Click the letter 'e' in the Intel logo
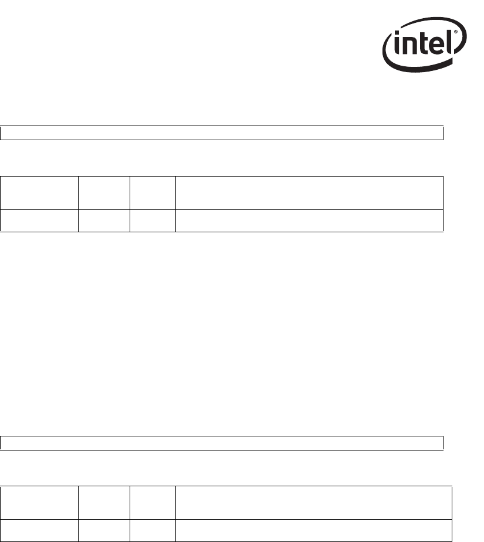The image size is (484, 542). click(x=435, y=46)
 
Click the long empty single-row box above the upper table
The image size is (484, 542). click(x=221, y=133)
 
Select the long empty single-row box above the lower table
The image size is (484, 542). click(x=221, y=443)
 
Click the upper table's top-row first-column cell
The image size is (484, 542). click(x=39, y=193)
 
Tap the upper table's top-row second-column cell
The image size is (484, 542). click(x=103, y=193)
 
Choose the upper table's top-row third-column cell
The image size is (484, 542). click(x=152, y=193)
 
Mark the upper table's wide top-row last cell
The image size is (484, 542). click(x=309, y=193)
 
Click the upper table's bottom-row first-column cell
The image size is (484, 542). click(x=39, y=221)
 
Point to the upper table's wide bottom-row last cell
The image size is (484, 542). click(x=309, y=221)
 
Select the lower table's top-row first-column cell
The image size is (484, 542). click(x=39, y=503)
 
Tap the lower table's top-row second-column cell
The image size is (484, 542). click(x=103, y=503)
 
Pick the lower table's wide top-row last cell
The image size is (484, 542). click(x=314, y=503)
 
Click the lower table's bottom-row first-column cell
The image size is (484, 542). click(x=39, y=530)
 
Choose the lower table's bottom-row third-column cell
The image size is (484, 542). click(x=152, y=530)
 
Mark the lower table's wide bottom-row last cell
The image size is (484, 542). click(x=314, y=530)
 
